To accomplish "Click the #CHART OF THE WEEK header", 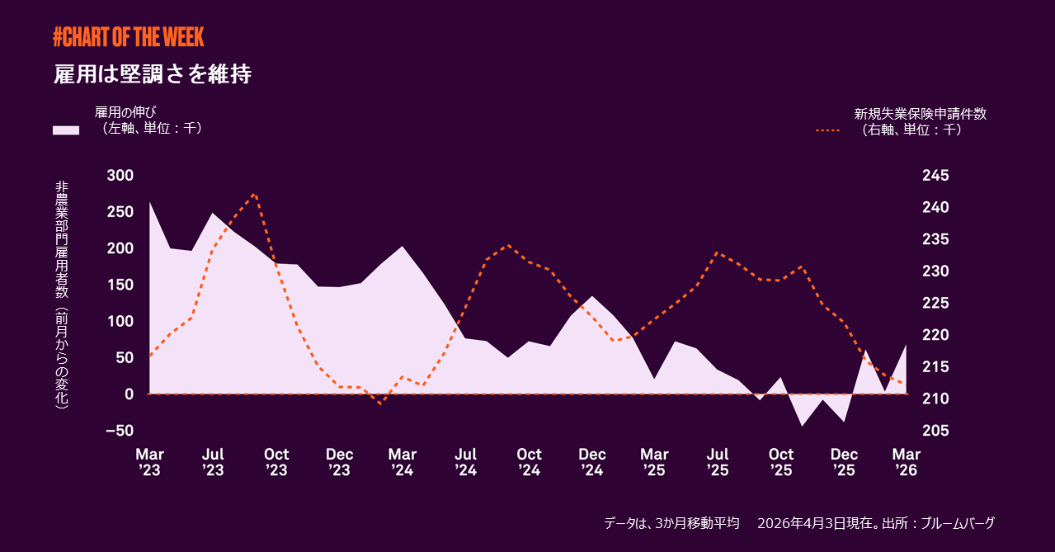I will coord(128,36).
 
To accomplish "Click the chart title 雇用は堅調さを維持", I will coord(152,74).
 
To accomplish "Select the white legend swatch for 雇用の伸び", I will coord(66,130).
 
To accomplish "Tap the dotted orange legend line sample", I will coord(827,130).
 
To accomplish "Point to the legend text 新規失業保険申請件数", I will coord(920,114).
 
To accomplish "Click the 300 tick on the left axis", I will coord(120,176).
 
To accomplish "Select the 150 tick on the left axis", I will coord(120,285).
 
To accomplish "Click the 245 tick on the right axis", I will coord(936,176).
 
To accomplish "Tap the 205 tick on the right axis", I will coord(936,431).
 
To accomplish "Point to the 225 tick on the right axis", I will coord(936,303).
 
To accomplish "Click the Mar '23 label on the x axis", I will coord(149,462).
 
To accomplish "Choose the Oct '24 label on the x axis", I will coord(529,462).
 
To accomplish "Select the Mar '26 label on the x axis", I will coord(907,462).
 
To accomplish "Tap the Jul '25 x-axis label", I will coord(718,462).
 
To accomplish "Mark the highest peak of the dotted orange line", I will coord(255,194).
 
